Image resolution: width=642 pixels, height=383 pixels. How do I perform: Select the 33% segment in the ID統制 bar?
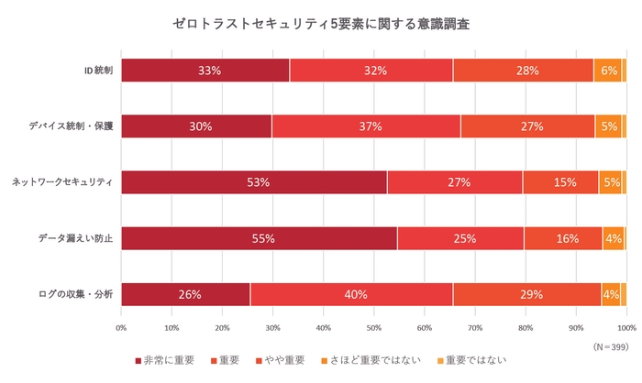pyautogui.click(x=205, y=71)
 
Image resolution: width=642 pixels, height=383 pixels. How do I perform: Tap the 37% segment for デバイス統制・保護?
pyautogui.click(x=366, y=126)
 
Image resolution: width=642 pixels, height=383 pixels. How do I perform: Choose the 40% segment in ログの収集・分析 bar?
pyautogui.click(x=351, y=294)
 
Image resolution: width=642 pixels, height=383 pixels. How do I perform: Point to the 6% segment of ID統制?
pyautogui.click(x=608, y=71)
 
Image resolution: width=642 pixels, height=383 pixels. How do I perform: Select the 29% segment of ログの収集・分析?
pyautogui.click(x=526, y=294)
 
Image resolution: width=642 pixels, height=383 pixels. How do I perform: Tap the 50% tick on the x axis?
pyautogui.click(x=373, y=327)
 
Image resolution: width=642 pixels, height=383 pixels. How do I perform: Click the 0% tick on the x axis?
pyautogui.click(x=121, y=327)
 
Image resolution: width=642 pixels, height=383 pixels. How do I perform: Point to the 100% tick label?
pyautogui.click(x=625, y=327)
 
